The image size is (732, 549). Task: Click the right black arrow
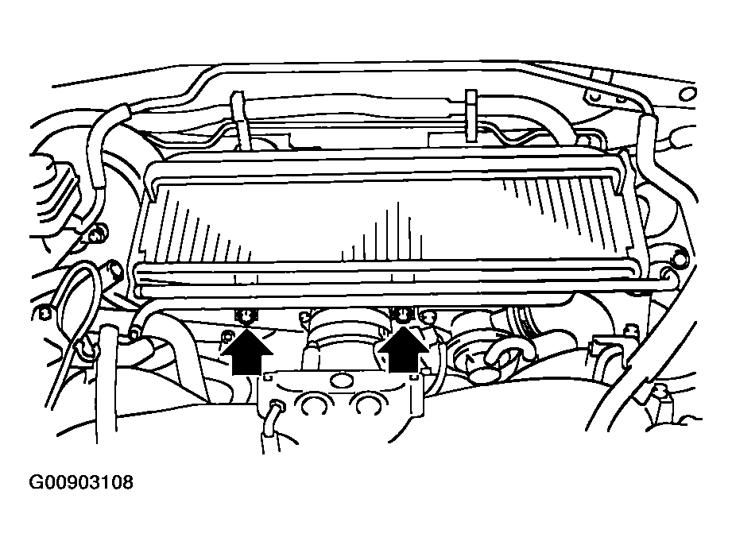click(402, 350)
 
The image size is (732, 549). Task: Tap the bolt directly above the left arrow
click(246, 317)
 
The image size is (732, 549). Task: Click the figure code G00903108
click(81, 482)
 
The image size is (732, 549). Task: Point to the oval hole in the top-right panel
click(687, 94)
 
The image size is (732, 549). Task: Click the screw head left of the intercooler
click(99, 233)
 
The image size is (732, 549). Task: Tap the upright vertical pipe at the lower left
click(106, 383)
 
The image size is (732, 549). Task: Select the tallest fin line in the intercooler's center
click(398, 230)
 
